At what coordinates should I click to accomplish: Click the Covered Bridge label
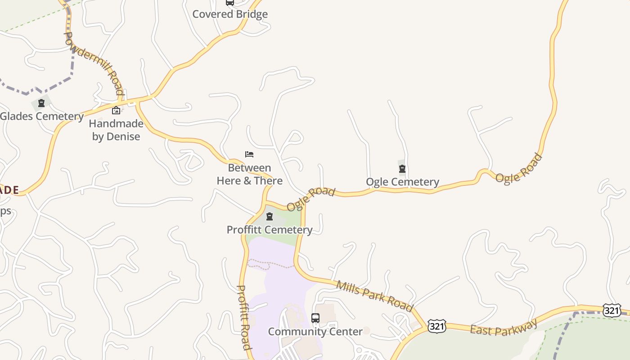pos(230,14)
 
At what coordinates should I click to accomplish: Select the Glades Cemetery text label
pos(42,117)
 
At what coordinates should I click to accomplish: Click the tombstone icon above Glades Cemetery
pos(41,103)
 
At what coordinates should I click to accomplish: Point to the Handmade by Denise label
pos(116,130)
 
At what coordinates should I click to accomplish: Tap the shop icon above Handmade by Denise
pos(116,110)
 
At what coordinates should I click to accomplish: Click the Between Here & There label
pos(250,174)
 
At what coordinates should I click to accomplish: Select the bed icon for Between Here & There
pos(249,154)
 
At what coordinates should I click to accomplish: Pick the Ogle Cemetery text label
pos(402,182)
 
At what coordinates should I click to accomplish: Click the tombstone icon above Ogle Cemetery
pos(402,169)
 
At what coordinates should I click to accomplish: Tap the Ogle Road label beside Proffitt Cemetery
pos(310,198)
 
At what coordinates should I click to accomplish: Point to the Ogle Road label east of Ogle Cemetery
pos(519,168)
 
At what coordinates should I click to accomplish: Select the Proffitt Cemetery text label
pos(270,229)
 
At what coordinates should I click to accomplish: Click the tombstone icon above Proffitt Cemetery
pos(270,216)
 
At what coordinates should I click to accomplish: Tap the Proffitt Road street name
pos(243,317)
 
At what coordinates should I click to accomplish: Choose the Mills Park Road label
pos(374,296)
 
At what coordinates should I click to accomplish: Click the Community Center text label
pos(315,332)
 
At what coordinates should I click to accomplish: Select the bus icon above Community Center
pos(315,318)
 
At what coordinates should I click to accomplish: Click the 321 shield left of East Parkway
pos(436,326)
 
